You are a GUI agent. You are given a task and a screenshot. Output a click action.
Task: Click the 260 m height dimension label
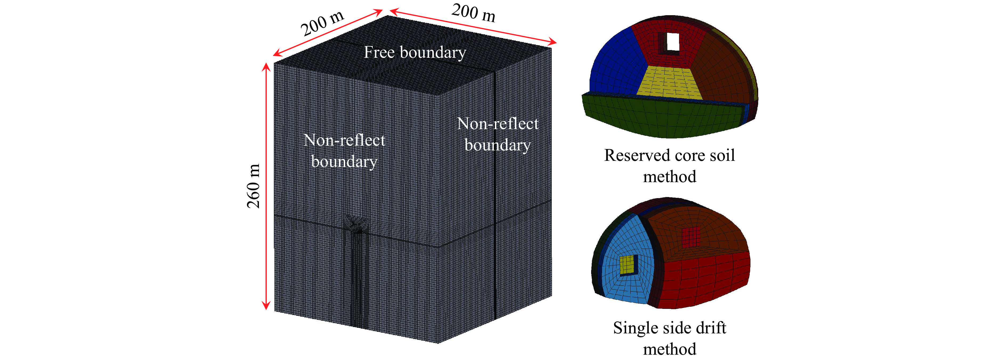coord(253,186)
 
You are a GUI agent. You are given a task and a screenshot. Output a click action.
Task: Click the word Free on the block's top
coord(379,52)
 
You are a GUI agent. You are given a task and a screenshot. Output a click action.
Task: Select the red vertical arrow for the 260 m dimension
coord(266,186)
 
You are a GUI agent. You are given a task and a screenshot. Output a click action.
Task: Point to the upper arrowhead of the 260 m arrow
coord(266,67)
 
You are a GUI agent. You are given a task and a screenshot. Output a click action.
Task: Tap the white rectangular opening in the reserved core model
coord(673,42)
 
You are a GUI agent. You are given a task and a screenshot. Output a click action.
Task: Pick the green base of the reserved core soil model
coord(661,117)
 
